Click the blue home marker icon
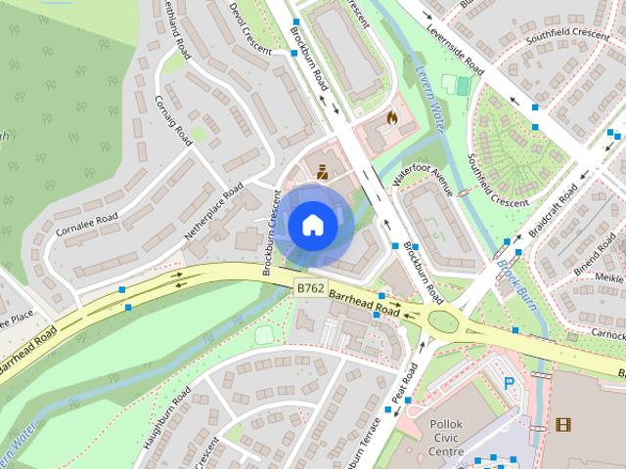[312, 225]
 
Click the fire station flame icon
[392, 118]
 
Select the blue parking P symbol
[509, 384]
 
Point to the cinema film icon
[562, 423]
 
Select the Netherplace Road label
[213, 211]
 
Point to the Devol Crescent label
[249, 24]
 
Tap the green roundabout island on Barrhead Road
[442, 320]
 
